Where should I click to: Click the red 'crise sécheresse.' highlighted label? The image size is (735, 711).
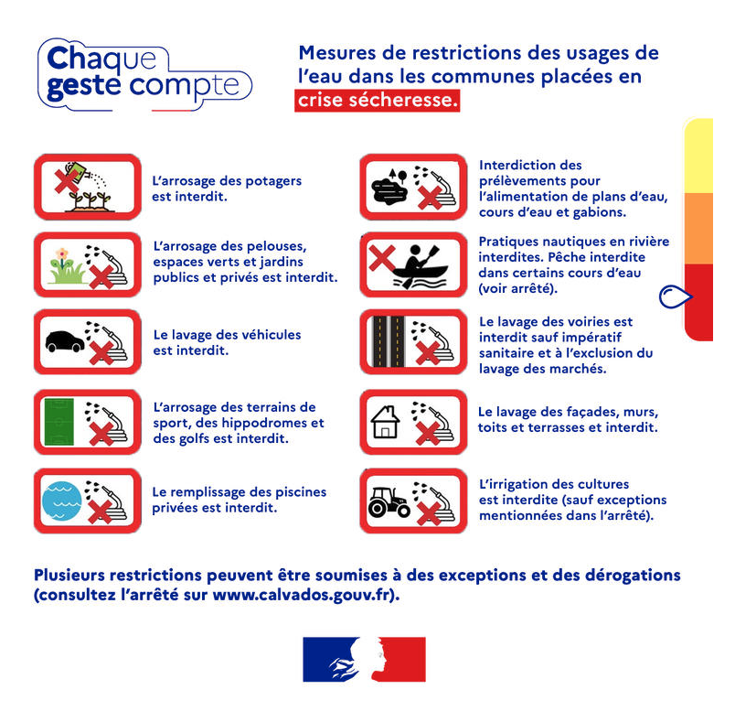coord(377,100)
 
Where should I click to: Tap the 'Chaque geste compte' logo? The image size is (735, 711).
coord(144,74)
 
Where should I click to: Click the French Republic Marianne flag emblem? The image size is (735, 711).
coord(364,659)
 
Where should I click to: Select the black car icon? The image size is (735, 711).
coord(65,341)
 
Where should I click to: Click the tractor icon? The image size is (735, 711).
coord(389,501)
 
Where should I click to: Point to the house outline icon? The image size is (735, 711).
coord(385,422)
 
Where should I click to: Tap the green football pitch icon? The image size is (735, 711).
coord(59,422)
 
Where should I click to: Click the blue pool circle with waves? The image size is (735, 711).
coord(61,501)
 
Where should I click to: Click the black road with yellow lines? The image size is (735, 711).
coord(389,341)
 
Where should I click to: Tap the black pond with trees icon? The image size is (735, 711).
coord(389,187)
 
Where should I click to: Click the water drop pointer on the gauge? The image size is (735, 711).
coord(675,296)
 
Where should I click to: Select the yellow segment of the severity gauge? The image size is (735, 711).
coord(698,156)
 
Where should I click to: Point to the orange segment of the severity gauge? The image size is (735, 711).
coord(698,228)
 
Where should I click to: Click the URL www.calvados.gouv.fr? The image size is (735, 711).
coord(302,595)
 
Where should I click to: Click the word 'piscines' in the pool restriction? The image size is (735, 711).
coord(301,491)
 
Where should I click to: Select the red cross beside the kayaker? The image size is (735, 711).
coord(382,259)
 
